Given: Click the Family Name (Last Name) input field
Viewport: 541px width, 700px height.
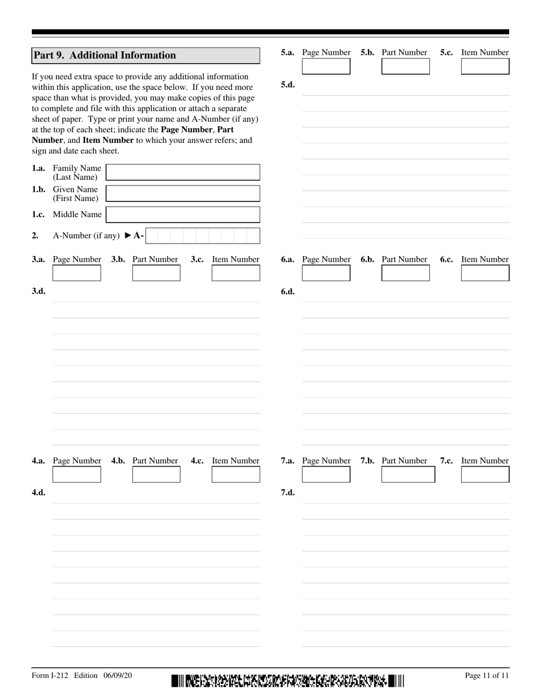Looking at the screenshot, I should [183, 172].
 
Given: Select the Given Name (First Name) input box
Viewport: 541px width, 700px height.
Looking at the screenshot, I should [183, 193].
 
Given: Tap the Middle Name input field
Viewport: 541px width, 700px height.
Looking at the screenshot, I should [183, 215].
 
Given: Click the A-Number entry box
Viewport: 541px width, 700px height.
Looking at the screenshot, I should [202, 236].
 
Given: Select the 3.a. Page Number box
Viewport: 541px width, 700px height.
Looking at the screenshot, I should [76, 273].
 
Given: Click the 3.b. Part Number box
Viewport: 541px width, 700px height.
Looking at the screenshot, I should [156, 273].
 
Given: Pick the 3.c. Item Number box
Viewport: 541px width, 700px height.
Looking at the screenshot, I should [236, 273].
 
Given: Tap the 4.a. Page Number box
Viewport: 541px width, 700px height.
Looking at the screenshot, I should [76, 475].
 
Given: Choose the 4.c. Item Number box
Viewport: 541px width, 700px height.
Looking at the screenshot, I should [236, 475].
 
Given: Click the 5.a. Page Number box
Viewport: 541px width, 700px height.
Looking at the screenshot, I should [326, 67].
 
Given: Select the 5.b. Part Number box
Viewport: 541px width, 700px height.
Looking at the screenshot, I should [405, 67].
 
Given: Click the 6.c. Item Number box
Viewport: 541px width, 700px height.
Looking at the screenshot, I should [485, 273].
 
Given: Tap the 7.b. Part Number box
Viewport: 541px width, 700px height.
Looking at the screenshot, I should [408, 475].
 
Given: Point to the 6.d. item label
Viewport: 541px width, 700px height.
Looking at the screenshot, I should [288, 291].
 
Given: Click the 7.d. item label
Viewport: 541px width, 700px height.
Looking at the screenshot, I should [288, 493].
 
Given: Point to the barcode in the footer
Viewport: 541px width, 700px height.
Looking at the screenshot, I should [288, 681].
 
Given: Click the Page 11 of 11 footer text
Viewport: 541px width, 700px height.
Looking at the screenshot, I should [487, 676].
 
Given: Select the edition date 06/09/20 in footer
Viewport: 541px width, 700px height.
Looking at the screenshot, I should [118, 676].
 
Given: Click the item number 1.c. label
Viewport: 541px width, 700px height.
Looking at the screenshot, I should [39, 215].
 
